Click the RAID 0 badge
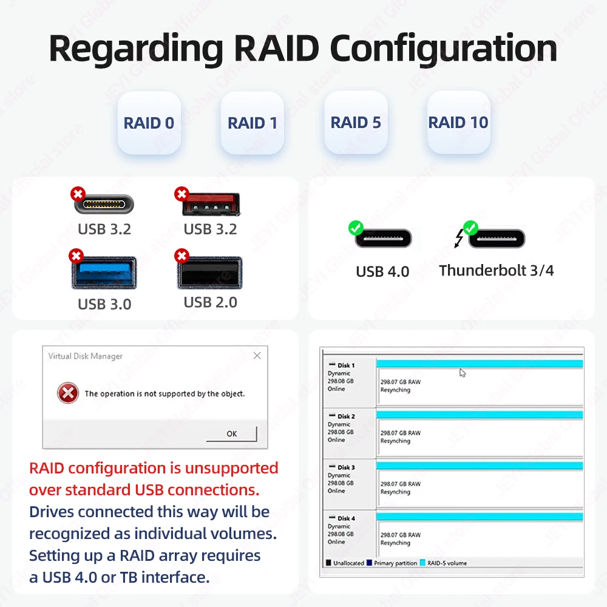[149, 123]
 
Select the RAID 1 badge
[252, 123]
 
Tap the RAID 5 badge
[356, 122]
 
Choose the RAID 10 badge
[458, 122]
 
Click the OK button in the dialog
[231, 433]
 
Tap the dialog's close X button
[257, 356]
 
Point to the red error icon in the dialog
[68, 393]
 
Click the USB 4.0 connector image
[382, 239]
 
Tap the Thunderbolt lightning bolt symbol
[459, 239]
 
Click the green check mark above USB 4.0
[356, 228]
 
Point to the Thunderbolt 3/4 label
[497, 270]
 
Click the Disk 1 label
[346, 365]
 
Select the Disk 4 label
[346, 518]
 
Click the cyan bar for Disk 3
[480, 466]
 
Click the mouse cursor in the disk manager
[462, 373]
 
